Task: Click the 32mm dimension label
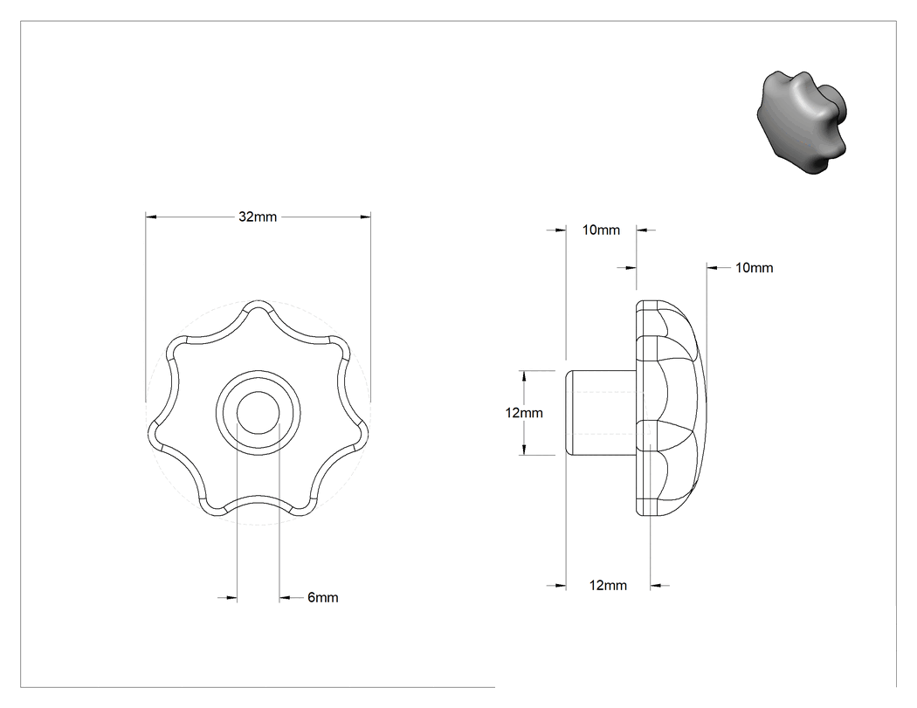[258, 217]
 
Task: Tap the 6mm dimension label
[323, 597]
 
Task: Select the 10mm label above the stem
[601, 230]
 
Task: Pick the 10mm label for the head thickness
[754, 268]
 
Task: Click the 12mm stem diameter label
[524, 413]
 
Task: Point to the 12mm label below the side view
[608, 585]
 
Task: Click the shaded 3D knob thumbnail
[803, 122]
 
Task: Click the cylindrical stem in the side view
[601, 413]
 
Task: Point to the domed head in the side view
[672, 408]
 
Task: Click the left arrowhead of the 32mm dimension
[151, 217]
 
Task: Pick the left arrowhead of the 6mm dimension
[231, 597]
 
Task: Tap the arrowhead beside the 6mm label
[285, 597]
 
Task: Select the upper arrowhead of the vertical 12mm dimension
[524, 376]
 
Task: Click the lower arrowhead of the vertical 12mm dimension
[524, 450]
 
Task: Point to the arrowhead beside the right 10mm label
[713, 268]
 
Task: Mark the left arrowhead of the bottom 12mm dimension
[561, 585]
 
